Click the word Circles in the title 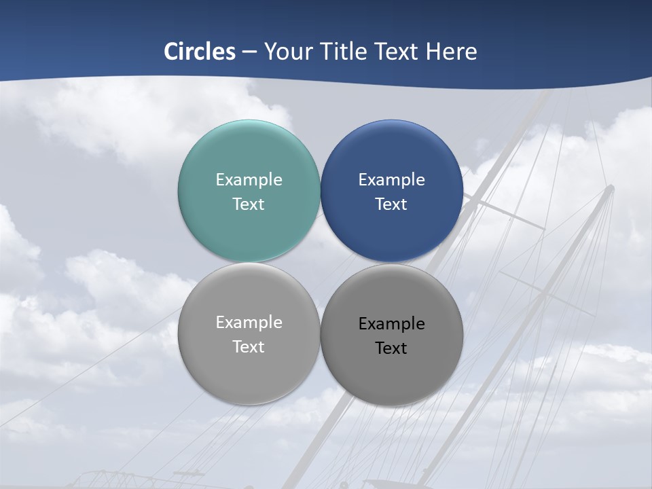click(200, 52)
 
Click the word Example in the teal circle click(249, 180)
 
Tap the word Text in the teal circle click(249, 204)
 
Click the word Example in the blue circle click(391, 180)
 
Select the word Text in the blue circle click(391, 204)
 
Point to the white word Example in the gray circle click(249, 323)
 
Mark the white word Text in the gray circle click(249, 347)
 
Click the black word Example click(391, 324)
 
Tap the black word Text click(391, 348)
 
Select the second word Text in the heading click(397, 52)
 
